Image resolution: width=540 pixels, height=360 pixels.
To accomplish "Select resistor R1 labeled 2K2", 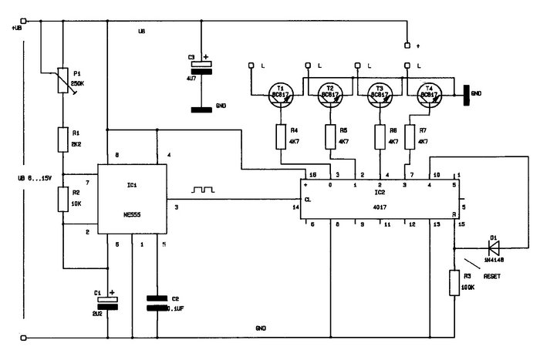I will point(62,140).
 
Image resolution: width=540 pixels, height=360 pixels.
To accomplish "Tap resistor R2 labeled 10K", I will point(62,200).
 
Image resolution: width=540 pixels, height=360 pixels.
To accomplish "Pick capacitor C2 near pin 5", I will point(158,301).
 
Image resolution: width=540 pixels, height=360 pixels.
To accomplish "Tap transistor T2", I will point(330,95).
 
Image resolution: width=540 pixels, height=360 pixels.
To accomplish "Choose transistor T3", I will point(379,95).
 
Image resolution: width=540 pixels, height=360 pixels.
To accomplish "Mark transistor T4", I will point(427,95).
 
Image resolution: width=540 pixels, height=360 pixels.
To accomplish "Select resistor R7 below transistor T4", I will point(410,136).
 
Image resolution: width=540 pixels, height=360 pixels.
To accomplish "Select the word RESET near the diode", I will point(494,275).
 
